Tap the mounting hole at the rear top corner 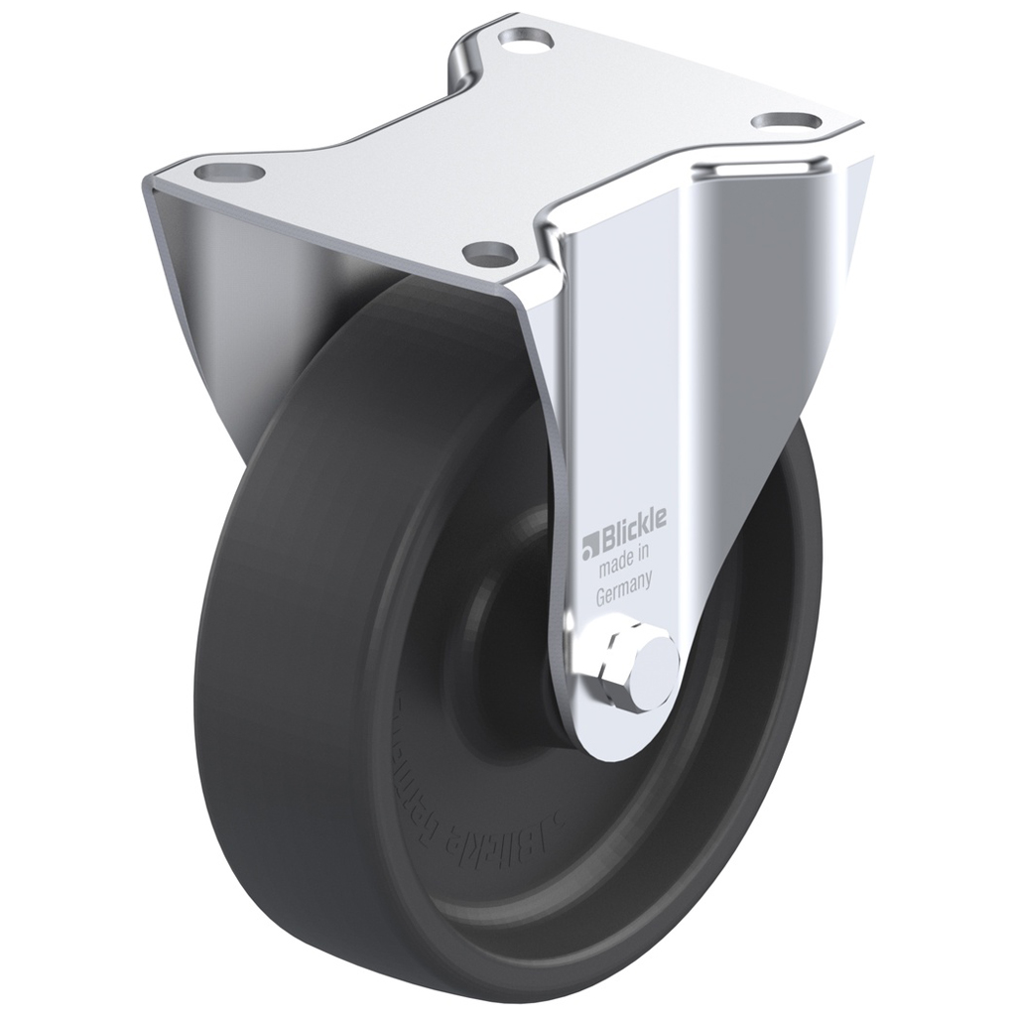525,40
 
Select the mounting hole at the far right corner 786,121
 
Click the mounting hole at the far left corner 229,173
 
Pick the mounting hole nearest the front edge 490,251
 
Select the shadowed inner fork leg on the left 213,317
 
